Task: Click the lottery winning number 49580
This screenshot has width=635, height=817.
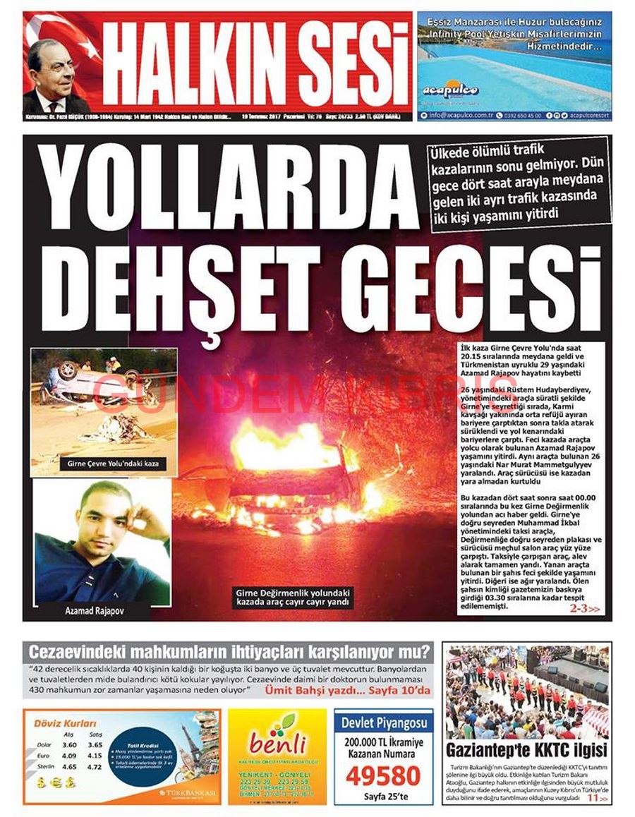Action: pyautogui.click(x=383, y=775)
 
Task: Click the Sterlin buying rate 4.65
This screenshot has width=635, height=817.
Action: pyautogui.click(x=69, y=765)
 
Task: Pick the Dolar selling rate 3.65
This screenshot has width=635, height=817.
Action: pyautogui.click(x=95, y=744)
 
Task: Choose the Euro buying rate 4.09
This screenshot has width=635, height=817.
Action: pyautogui.click(x=69, y=755)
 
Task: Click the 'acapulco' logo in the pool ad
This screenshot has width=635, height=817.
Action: pyautogui.click(x=450, y=90)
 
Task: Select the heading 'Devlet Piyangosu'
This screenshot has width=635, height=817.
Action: pyautogui.click(x=384, y=722)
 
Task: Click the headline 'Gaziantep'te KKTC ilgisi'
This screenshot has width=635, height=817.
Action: pyautogui.click(x=526, y=749)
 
